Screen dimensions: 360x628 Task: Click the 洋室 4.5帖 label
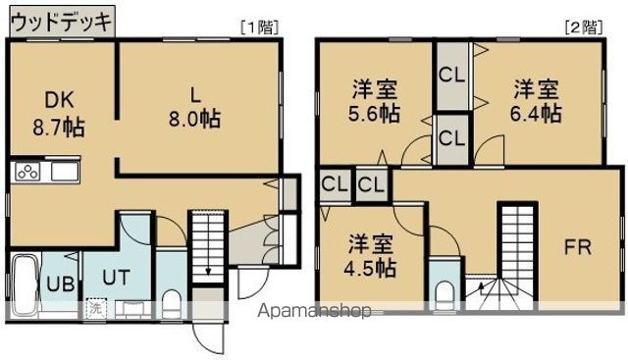coord(369,254)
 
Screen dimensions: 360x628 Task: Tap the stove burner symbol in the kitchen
coord(26,173)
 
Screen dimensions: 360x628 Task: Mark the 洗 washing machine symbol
coord(96,308)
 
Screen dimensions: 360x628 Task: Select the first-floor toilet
coord(171,302)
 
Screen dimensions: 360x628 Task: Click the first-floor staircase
coord(209,242)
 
